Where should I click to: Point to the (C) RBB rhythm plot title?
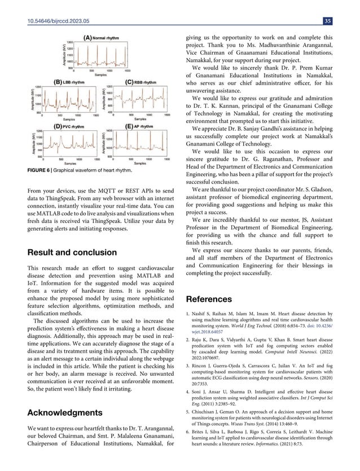(141, 82)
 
